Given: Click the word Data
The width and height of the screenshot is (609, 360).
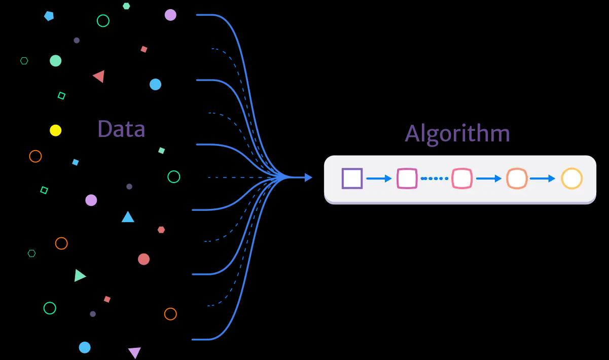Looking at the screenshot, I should [121, 129].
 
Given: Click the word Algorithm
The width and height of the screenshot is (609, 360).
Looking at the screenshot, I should [457, 133].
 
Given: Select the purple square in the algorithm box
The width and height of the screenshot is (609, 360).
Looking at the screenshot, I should [352, 178].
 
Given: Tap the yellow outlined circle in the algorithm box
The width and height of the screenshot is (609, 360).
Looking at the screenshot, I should [571, 178].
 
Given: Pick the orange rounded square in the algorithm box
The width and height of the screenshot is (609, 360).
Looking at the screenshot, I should [517, 178].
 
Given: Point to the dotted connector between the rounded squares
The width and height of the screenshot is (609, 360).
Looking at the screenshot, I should [435, 178].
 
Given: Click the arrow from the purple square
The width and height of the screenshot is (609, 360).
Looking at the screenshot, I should [379, 178].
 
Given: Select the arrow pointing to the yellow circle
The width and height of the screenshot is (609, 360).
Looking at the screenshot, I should [543, 178].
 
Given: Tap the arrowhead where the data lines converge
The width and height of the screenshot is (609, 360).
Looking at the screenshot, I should [308, 177].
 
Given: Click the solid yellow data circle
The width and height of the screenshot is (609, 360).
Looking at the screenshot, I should [55, 130].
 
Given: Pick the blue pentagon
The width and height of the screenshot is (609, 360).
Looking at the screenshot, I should [49, 16].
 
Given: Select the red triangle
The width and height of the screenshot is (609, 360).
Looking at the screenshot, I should [99, 77].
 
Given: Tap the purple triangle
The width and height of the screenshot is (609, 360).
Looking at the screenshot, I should [134, 352].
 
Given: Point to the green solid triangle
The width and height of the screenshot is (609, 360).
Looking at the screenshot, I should [80, 276].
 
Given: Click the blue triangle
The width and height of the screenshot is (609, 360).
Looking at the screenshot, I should [128, 218].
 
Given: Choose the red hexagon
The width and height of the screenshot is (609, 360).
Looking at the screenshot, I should [161, 230].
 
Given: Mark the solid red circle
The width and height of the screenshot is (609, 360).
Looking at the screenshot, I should [144, 259].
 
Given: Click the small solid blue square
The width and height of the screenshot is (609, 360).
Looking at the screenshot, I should [76, 162].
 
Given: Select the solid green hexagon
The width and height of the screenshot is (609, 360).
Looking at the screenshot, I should [126, 6].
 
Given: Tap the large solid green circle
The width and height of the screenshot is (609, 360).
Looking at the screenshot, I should [55, 61].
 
